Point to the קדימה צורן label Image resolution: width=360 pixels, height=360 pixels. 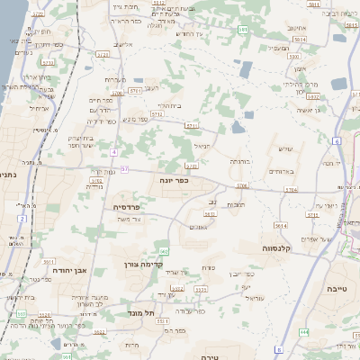(141, 265)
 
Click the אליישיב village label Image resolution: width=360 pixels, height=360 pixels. (122, 44)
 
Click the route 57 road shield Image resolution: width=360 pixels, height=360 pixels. (125, 169)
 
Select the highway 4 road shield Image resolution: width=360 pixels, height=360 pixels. (114, 152)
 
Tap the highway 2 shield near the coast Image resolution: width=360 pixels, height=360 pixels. (21, 219)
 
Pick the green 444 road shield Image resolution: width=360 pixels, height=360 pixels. (303, 331)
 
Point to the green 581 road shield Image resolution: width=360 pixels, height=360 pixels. (243, 30)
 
